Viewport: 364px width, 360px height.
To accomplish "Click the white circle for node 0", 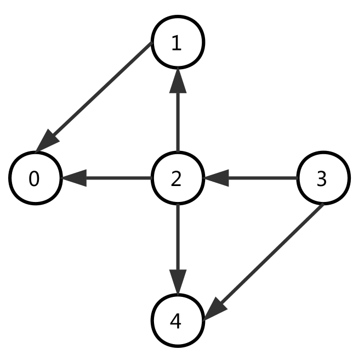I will pyautogui.click(x=36, y=178).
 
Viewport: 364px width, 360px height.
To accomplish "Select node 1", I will pyautogui.click(x=178, y=42).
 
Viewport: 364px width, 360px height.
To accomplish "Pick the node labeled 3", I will pyautogui.click(x=323, y=178).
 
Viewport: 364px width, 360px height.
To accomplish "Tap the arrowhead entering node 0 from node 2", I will pyautogui.click(x=74, y=178).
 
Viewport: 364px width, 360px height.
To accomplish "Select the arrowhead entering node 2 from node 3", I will pyautogui.click(x=216, y=178).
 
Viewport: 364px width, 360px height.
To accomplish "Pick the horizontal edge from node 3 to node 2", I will pyautogui.click(x=263, y=178).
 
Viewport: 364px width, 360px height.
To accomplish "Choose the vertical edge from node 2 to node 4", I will pyautogui.click(x=178, y=236).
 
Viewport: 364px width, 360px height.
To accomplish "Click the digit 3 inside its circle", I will pyautogui.click(x=322, y=179).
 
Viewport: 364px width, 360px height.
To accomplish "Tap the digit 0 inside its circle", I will pyautogui.click(x=34, y=179).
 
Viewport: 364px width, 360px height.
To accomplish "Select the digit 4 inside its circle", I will pyautogui.click(x=175, y=322).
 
